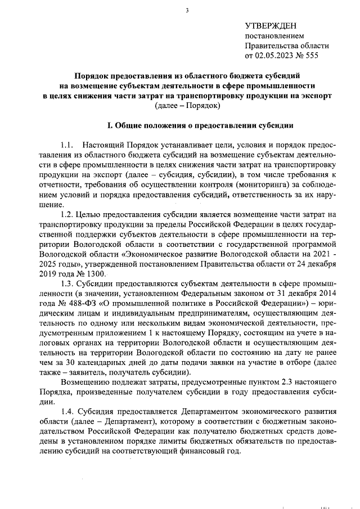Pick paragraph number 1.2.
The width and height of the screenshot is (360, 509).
(67, 214)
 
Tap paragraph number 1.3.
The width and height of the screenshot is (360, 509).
(67, 283)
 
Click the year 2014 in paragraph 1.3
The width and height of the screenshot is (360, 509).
(327, 293)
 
